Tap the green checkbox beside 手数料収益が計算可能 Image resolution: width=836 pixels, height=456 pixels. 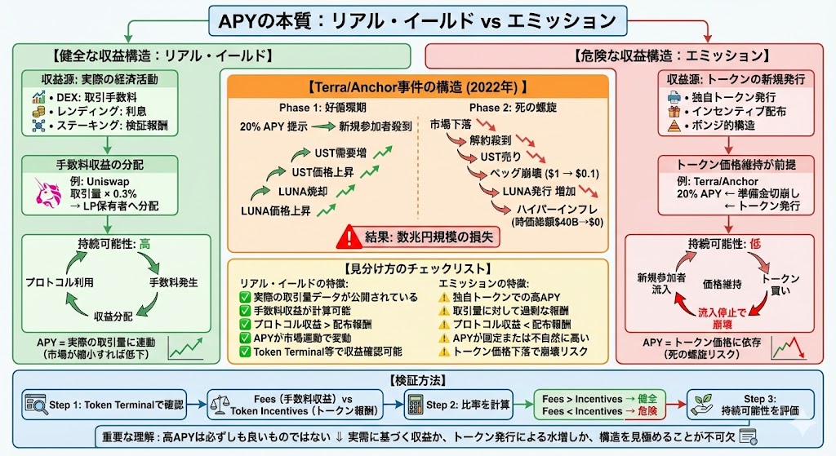[245, 311]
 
